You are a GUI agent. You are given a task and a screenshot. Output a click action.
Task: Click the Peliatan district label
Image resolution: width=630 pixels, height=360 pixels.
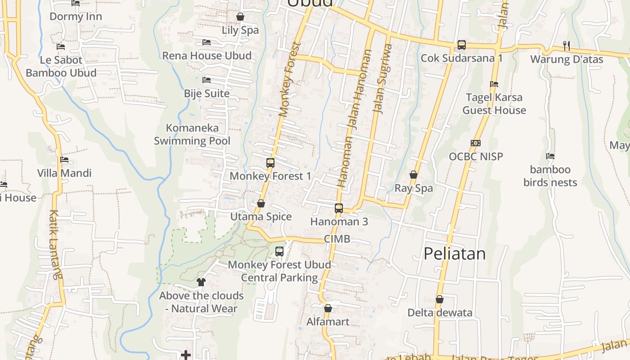pos(454,254)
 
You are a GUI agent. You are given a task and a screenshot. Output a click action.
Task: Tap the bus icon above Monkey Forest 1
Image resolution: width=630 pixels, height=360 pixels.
pos(270,163)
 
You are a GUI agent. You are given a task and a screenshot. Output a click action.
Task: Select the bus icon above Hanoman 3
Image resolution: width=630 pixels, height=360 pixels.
pos(339,208)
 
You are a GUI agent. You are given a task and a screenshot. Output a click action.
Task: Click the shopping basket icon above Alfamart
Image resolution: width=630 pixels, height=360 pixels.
pos(328,308)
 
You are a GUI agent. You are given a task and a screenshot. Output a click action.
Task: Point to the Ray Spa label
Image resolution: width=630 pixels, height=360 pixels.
pos(414,188)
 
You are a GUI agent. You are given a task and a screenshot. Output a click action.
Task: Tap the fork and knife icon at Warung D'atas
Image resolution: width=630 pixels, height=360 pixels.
pos(567,45)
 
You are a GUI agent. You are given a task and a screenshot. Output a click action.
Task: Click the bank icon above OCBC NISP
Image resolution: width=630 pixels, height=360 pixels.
pos(476,143)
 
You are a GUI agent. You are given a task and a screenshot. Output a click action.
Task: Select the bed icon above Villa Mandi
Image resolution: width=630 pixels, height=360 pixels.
pos(64,159)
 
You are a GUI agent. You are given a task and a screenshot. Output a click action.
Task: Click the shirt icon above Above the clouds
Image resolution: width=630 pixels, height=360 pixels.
pos(201,282)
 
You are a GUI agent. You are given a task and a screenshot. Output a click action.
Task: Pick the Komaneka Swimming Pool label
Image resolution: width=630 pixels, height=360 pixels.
pos(192,134)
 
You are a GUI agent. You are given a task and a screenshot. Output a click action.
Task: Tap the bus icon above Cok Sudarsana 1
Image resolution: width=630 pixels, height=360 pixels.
pos(462,45)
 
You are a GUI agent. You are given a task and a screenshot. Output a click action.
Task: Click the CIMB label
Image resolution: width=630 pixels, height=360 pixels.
pos(337,239)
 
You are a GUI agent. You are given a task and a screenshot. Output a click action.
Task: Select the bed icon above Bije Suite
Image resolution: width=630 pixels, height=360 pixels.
pos(207,80)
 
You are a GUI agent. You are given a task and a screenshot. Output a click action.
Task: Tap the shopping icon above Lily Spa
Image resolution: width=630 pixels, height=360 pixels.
pos(240,17)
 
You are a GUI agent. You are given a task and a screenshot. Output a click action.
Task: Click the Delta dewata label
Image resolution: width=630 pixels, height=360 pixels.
pos(440,312)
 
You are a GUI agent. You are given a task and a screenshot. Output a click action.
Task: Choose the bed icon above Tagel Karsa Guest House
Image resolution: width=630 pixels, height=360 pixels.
pos(494,84)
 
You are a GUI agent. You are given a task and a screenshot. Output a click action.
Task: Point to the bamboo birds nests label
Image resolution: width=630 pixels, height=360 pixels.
pos(550,176)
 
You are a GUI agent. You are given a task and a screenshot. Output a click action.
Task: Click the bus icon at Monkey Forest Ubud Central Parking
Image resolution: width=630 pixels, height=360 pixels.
pos(279,252)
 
